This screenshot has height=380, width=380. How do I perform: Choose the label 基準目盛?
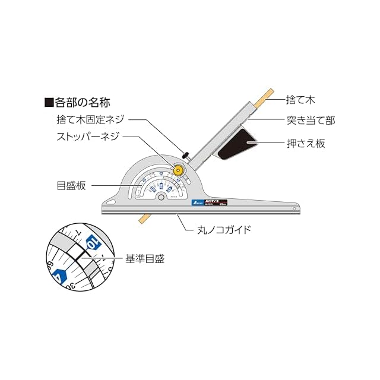144,259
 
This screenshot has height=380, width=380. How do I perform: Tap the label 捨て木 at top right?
300,102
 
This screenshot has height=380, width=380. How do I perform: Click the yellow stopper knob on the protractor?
178,170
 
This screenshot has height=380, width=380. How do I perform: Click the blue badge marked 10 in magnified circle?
93,243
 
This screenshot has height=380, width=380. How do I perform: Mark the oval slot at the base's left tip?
113,202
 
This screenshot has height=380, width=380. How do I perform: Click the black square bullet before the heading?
49,102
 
